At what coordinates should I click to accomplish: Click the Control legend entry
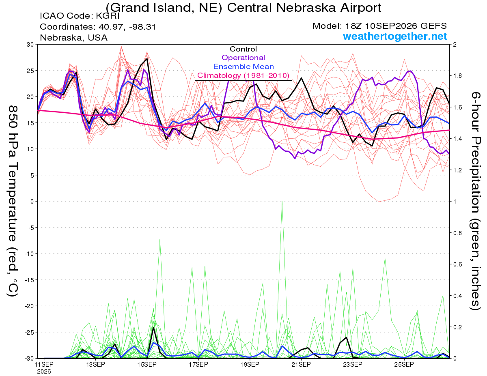tap(243, 49)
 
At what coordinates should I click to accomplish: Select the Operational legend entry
tap(243, 58)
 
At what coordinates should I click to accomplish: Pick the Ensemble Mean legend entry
tap(243, 67)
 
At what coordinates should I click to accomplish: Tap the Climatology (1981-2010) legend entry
tap(243, 75)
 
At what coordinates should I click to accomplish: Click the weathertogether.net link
tap(395, 36)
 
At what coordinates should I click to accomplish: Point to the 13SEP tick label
tap(95, 364)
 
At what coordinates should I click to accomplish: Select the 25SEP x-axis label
tap(404, 364)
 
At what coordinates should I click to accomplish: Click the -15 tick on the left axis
tap(29, 280)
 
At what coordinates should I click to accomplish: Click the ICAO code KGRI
tap(108, 16)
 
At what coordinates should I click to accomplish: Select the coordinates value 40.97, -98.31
tap(127, 27)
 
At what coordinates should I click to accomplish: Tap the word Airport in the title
tap(361, 8)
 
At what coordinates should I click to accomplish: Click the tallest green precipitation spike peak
tap(282, 202)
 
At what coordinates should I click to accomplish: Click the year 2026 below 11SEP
tap(44, 372)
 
